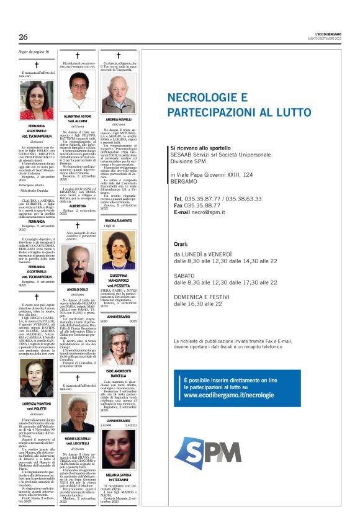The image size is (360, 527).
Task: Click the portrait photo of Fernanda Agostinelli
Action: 36,100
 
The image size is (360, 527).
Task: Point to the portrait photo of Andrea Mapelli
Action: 119,93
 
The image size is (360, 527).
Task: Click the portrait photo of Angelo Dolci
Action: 78,263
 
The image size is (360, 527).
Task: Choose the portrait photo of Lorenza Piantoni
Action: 36,379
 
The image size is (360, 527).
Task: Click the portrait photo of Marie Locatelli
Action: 78,412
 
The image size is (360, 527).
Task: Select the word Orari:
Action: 181,245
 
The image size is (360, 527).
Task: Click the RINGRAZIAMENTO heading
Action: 118,220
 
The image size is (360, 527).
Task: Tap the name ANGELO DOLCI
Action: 78,290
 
